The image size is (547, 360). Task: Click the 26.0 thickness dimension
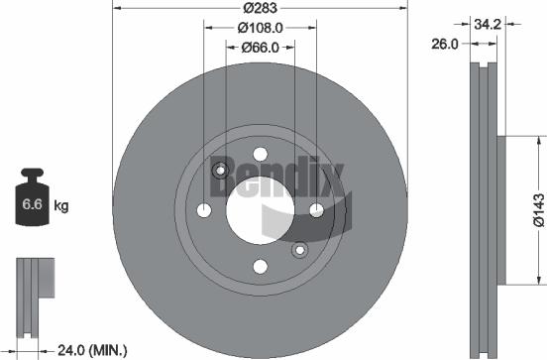445,44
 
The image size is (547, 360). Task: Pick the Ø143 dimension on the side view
536,209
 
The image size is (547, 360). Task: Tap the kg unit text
61,206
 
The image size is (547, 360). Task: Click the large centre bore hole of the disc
260,209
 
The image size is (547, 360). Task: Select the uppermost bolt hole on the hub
260,154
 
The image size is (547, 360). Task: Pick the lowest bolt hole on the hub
260,266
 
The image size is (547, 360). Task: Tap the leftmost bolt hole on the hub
204,209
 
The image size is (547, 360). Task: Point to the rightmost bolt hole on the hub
316,209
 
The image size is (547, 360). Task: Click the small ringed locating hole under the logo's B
221,170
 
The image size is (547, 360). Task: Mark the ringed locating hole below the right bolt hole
299,249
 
